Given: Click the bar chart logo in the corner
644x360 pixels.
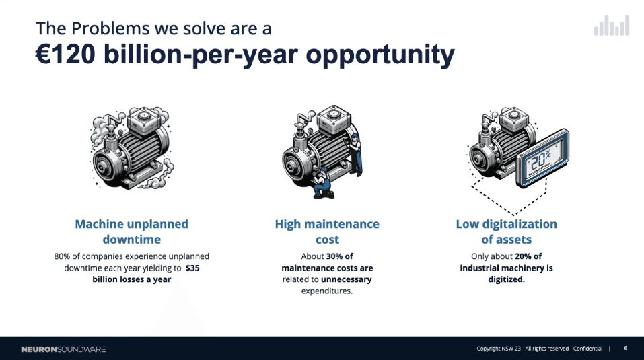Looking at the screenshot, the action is tap(612, 26).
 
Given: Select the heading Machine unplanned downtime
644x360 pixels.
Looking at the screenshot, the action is tap(131, 231).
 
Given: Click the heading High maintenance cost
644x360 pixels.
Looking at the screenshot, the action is tap(327, 231).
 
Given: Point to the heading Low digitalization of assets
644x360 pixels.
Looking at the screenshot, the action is tap(507, 231).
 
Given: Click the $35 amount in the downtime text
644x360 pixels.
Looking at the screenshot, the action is tap(192, 268).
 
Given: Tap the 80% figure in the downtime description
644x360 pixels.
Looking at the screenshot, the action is tap(62, 256).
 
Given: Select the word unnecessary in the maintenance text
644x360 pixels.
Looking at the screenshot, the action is tap(347, 279).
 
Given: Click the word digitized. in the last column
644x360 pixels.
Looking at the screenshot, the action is tap(507, 279).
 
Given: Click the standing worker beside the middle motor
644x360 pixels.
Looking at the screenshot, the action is tap(356, 154).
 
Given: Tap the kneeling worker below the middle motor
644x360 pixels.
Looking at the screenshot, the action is tap(322, 183).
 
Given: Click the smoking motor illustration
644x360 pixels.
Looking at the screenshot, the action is tap(131, 148).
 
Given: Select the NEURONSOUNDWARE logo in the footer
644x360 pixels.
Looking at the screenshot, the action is tap(63, 349).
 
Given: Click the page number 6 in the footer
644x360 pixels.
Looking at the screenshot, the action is tap(626, 348).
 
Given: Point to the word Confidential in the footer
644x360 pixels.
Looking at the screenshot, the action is tap(587, 349).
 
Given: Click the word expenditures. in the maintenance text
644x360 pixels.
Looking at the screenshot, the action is tap(327, 291).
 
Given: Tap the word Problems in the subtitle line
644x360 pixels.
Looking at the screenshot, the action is tap(110, 29).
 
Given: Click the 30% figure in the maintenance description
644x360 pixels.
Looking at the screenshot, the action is tap(334, 256).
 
